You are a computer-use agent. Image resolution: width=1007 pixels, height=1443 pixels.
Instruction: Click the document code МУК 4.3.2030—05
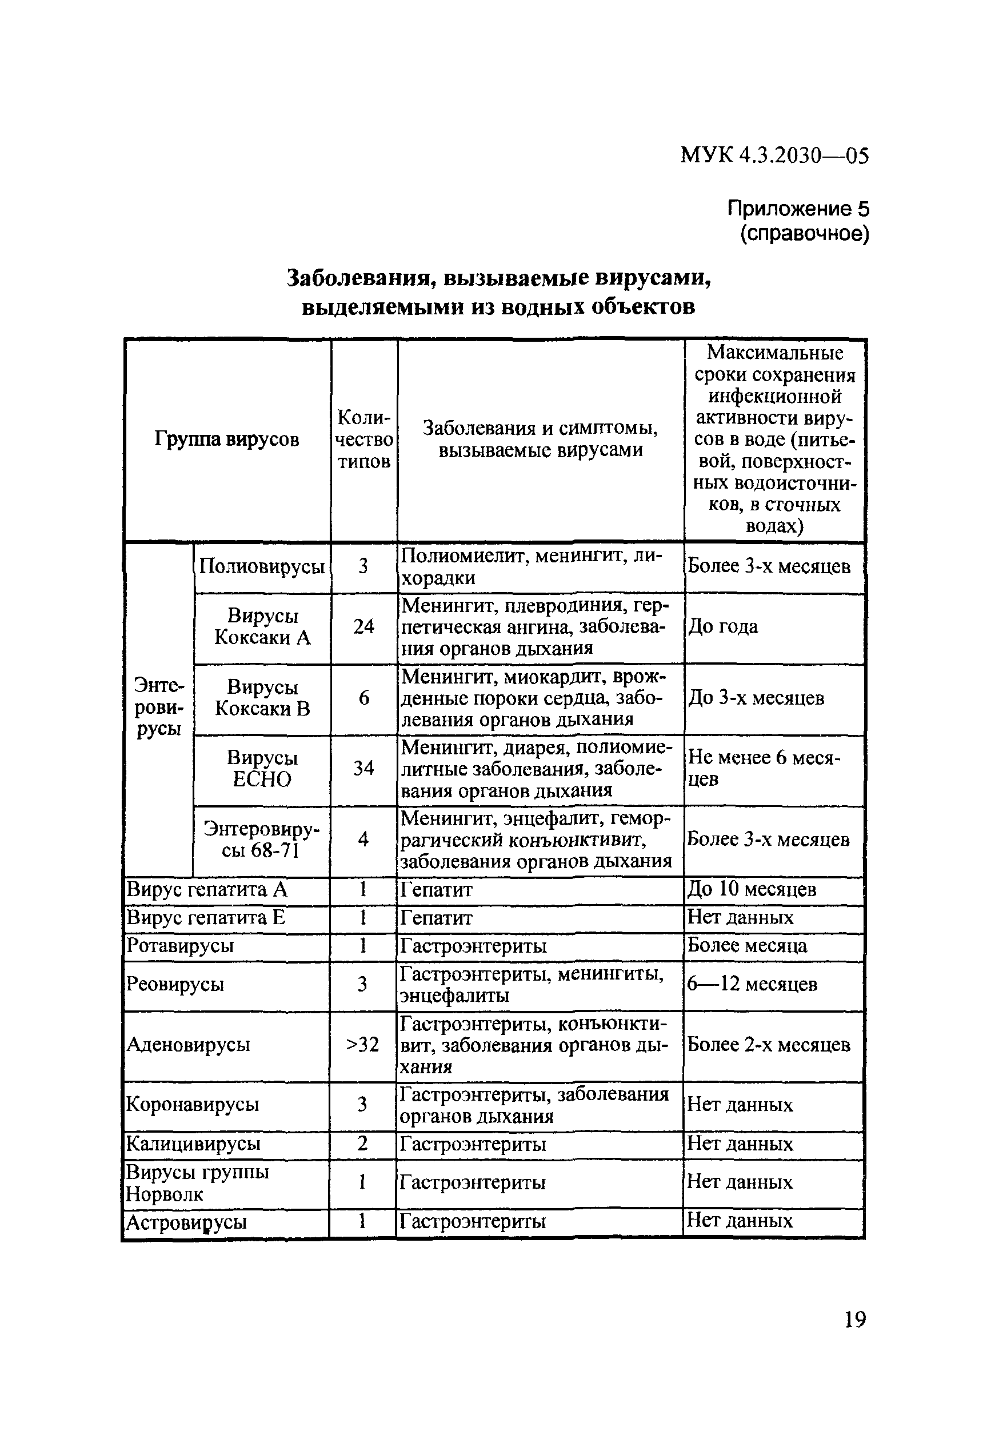click(x=774, y=155)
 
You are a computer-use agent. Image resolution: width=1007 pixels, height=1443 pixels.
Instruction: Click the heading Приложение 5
click(x=798, y=208)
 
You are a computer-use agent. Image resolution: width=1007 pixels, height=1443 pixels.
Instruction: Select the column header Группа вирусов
click(x=226, y=439)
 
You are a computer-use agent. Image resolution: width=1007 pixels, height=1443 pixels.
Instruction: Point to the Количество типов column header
click(x=364, y=439)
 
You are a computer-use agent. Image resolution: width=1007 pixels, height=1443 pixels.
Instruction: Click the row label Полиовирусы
click(x=262, y=567)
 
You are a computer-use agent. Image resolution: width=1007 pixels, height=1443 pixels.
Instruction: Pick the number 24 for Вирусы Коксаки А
click(x=363, y=626)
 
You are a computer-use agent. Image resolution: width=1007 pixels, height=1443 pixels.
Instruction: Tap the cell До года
click(x=723, y=626)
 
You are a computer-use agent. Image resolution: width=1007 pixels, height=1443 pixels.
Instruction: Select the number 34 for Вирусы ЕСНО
click(x=363, y=768)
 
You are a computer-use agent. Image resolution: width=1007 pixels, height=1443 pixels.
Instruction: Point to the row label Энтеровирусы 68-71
click(x=262, y=840)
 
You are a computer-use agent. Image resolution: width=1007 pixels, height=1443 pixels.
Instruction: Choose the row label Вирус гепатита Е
click(x=206, y=918)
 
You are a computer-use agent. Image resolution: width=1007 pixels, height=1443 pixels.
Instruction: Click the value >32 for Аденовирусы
click(x=363, y=1045)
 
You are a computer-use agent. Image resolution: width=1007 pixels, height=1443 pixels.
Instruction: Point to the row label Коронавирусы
click(x=193, y=1104)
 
